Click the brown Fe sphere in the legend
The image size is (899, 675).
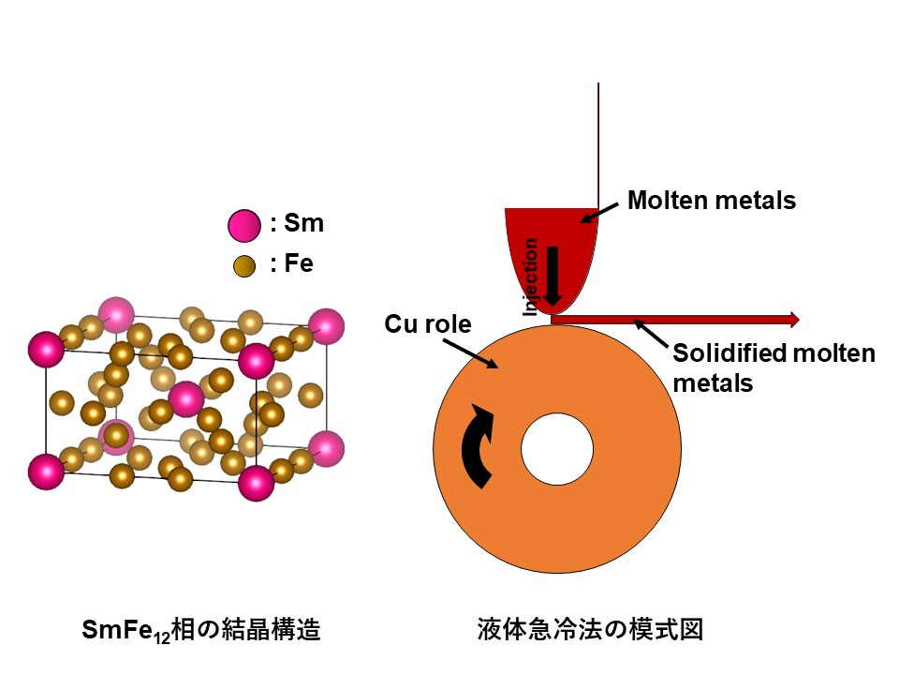pyautogui.click(x=244, y=266)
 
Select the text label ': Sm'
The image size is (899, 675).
pyautogui.click(x=297, y=225)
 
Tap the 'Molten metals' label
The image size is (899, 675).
pyautogui.click(x=711, y=201)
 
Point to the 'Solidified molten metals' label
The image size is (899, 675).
pyautogui.click(x=773, y=367)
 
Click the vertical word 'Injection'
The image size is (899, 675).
pyautogui.click(x=531, y=276)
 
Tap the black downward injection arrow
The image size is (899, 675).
pyautogui.click(x=553, y=274)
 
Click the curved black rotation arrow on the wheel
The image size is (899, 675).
pyautogui.click(x=479, y=446)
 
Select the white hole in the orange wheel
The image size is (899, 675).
pyautogui.click(x=557, y=447)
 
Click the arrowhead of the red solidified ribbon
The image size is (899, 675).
pyautogui.click(x=795, y=320)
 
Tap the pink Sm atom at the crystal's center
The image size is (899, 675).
pyautogui.click(x=185, y=398)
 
